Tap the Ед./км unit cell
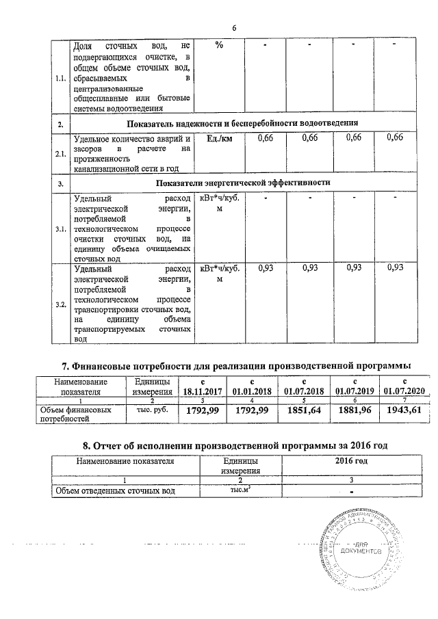click(218, 139)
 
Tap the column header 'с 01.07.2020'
click(404, 386)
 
